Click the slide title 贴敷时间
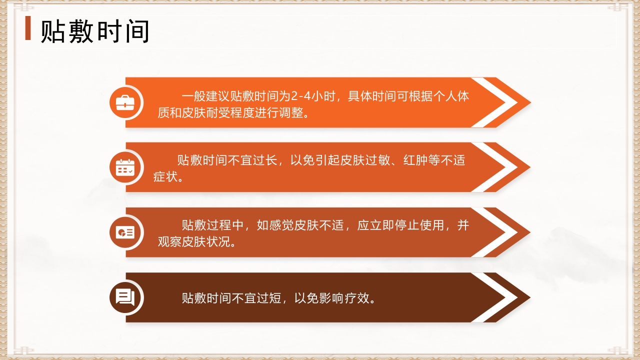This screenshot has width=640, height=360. tap(95, 31)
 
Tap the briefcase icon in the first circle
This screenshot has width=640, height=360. tap(125, 102)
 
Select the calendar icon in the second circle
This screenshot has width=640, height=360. tap(125, 167)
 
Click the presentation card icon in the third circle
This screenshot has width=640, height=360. tap(125, 232)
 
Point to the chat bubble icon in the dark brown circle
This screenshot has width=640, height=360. tap(125, 297)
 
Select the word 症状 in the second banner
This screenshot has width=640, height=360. tap(165, 177)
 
